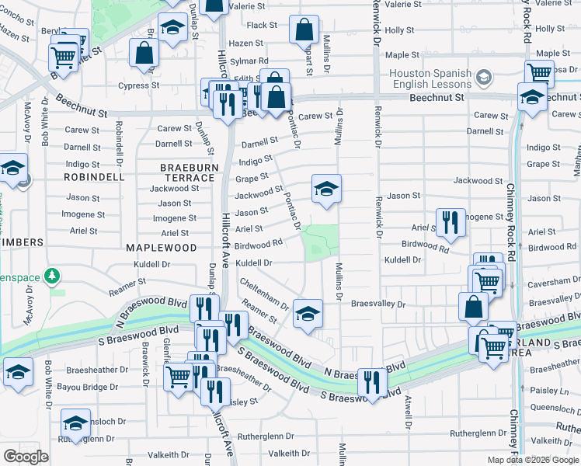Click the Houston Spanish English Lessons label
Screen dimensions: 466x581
430,78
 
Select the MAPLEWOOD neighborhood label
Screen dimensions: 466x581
162,248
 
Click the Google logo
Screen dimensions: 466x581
26,457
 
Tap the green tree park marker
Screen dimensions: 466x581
52,276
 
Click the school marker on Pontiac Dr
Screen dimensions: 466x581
326,188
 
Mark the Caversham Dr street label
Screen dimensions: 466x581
554,285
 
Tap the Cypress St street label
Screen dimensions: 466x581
138,85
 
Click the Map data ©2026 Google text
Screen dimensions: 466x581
533,459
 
